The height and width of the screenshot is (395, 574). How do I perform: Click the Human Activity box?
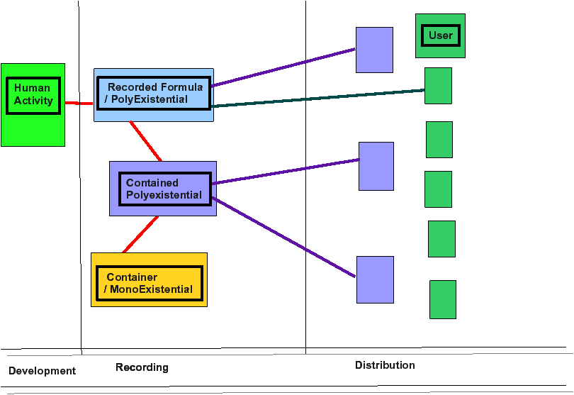point(33,105)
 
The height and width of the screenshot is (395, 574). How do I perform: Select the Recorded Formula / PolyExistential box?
point(154,95)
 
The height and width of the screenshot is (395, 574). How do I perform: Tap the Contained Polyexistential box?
point(163,189)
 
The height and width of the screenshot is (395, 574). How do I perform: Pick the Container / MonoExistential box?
point(149,279)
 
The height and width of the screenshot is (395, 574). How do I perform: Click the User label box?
point(440,36)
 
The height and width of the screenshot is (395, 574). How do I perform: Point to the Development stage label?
point(42,371)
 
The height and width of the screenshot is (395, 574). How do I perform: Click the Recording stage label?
point(142,367)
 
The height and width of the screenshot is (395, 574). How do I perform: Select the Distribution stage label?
point(385,365)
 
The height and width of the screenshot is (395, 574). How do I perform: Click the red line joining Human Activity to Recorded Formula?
point(79,104)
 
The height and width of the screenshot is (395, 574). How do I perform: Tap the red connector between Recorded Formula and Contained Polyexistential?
point(145,141)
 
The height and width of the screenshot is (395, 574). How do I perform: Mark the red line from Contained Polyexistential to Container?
point(140,234)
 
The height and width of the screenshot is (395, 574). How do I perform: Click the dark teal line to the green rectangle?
point(318,98)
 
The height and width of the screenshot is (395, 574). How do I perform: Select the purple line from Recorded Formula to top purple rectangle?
point(283,67)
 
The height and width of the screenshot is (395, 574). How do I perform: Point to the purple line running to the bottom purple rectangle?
point(283,237)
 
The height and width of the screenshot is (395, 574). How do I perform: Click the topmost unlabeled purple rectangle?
point(374,50)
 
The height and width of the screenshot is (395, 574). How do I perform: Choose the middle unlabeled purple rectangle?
point(376,167)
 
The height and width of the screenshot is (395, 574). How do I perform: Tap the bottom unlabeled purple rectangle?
point(375,279)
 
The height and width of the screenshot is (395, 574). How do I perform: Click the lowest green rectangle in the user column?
point(443,300)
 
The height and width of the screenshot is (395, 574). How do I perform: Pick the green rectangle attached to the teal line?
point(438,86)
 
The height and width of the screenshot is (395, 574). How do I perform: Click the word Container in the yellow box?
point(132,277)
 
